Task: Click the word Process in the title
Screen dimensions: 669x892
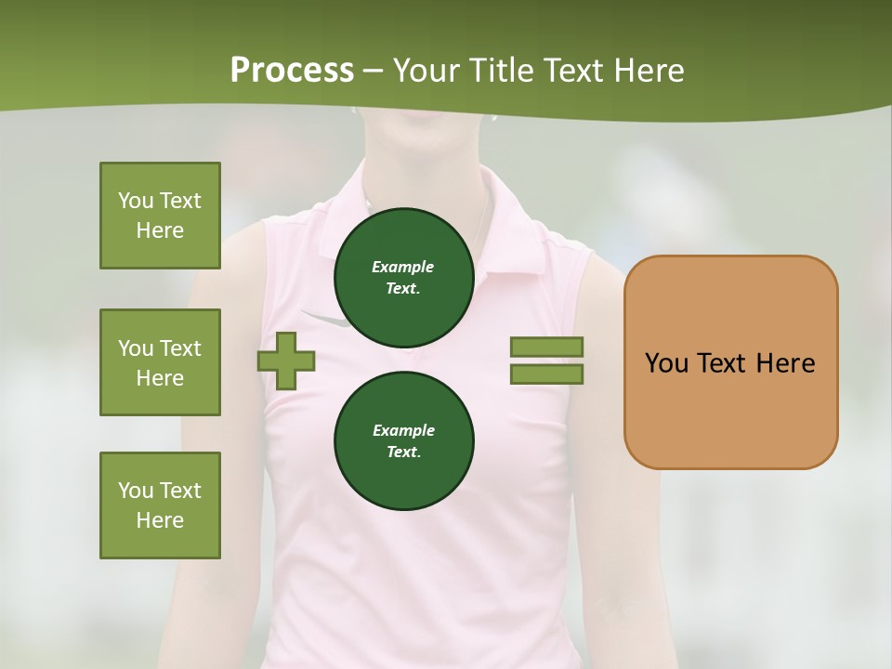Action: tap(292, 71)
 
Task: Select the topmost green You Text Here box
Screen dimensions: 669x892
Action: tap(160, 216)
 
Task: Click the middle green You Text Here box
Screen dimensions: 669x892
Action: tap(160, 362)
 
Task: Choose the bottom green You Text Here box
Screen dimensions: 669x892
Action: tap(160, 505)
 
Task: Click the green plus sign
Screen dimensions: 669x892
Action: tap(286, 361)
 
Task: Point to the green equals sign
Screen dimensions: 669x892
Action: tap(546, 361)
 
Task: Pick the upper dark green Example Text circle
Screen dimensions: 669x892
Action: tap(403, 277)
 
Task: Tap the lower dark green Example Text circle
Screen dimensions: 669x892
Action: tap(403, 440)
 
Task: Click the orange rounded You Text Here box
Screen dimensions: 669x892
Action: tap(730, 362)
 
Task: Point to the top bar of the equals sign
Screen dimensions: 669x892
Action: tap(546, 347)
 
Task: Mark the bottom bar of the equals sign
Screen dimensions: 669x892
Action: tap(546, 374)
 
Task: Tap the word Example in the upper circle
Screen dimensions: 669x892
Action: tap(403, 267)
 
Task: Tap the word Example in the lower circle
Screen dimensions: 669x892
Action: tap(403, 430)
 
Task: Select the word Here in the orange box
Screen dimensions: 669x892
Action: tap(785, 363)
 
